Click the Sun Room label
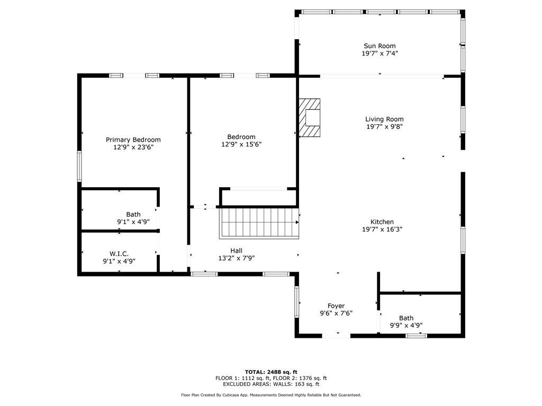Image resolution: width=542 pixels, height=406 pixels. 380,46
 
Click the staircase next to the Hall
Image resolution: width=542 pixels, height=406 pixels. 259,223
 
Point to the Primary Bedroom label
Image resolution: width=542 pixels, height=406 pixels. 133,140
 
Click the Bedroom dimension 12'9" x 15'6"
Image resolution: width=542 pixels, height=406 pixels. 241,144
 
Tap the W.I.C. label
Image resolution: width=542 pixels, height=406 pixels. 119,254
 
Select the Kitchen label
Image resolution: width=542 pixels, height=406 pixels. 382,222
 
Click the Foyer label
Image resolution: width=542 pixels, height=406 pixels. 336,306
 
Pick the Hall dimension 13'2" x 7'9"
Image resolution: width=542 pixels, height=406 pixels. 237,258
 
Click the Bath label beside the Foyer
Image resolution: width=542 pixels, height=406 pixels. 406,318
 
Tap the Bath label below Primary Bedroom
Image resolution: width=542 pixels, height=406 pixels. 133,214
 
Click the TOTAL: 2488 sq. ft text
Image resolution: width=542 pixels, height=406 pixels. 271,372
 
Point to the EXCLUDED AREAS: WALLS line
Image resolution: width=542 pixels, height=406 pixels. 271,384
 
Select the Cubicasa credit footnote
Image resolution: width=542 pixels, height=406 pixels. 271,395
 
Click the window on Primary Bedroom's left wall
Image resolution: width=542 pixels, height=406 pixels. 80,166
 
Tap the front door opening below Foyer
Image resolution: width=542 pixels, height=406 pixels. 336,335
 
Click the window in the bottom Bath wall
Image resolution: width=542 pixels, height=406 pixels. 416,335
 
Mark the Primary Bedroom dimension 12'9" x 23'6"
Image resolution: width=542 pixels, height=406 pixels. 133,147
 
